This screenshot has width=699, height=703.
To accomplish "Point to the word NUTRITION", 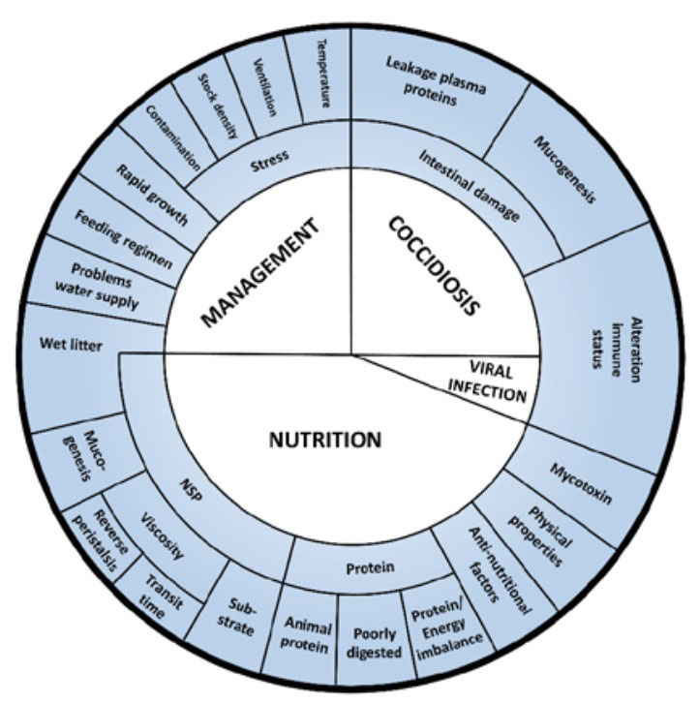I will [324, 441].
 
